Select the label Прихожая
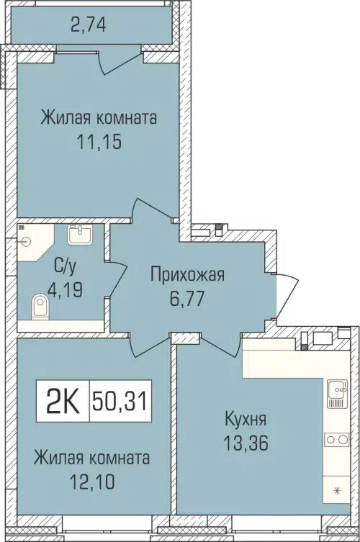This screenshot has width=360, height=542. point(187,274)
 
